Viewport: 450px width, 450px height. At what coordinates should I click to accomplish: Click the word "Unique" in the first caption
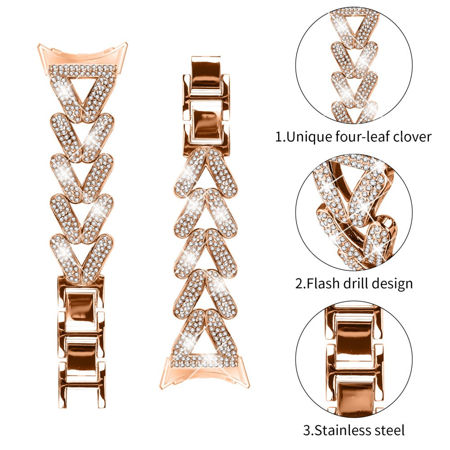pos(310,137)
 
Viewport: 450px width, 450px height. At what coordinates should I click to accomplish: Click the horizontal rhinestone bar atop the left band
pos(82,70)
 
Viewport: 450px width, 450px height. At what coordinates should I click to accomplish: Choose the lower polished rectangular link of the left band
pos(82,353)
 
